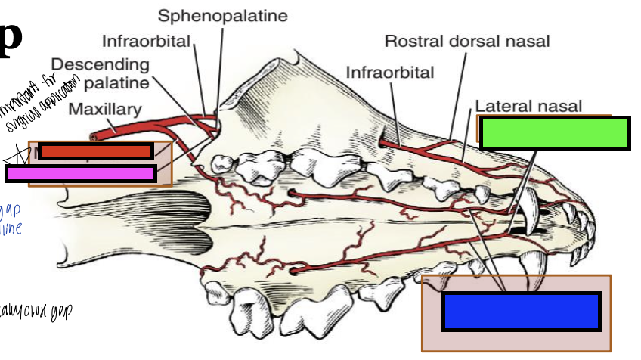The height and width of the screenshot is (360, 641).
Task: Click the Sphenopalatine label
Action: point(222,16)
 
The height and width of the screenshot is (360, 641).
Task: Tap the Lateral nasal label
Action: point(528,107)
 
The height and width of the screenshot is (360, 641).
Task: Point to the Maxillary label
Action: point(104,110)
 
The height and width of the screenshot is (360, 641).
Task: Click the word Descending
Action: point(100,64)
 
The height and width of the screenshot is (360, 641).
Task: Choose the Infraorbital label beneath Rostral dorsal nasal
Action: point(390,73)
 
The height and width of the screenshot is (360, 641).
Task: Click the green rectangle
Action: point(555,134)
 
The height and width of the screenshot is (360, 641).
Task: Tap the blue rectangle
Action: point(521,311)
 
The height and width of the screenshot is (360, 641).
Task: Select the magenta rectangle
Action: point(81,173)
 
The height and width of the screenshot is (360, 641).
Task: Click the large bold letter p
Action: point(11,38)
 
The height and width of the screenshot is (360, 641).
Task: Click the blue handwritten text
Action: point(11,218)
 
